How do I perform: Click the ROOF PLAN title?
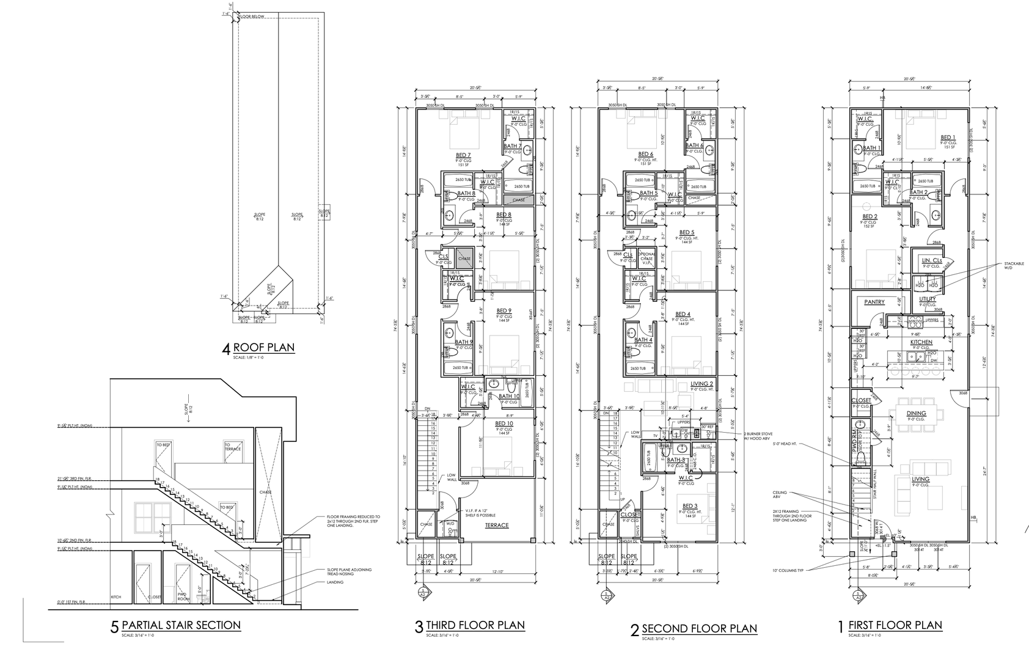tap(263, 348)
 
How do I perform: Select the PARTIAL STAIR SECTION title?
tap(181, 625)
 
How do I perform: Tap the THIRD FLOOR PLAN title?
tap(475, 625)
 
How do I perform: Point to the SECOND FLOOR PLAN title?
tap(699, 628)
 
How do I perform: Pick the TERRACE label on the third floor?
tap(497, 525)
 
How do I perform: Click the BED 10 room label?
tap(504, 424)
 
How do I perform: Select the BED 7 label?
tap(463, 155)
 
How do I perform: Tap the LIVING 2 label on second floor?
tap(702, 384)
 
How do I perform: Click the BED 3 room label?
tap(689, 506)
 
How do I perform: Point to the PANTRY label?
tap(875, 302)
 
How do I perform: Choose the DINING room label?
tap(916, 413)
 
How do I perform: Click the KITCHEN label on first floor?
tap(921, 342)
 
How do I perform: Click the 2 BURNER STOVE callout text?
tap(758, 436)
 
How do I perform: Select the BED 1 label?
tap(948, 137)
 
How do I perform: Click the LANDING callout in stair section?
tap(335, 582)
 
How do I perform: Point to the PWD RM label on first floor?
tap(854, 440)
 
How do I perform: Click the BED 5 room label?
tap(687, 232)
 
